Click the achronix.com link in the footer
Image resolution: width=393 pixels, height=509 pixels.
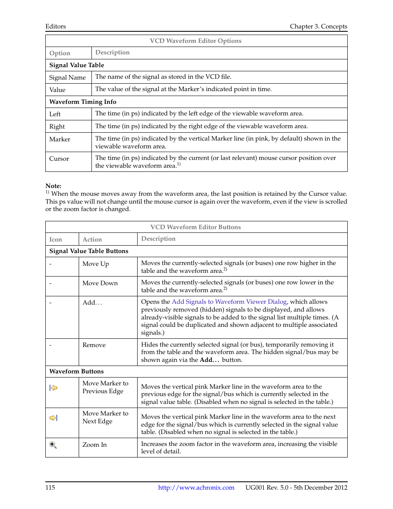[x=196, y=488]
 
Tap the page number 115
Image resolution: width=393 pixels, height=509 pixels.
[x=50, y=488]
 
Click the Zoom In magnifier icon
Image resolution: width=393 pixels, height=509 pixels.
[x=53, y=445]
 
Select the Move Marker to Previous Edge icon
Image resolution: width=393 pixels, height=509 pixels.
[x=54, y=388]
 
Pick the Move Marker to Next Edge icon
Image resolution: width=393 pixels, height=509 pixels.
[x=54, y=418]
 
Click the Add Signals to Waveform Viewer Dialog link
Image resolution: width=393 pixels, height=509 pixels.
[x=229, y=302]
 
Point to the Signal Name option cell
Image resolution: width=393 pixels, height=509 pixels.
[x=68, y=77]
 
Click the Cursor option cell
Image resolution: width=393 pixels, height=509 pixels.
[x=59, y=159]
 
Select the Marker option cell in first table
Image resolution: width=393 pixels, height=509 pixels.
[x=60, y=139]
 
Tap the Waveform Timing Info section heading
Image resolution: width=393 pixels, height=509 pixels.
[x=83, y=102]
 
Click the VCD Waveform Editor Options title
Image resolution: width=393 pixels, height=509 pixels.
[x=196, y=41]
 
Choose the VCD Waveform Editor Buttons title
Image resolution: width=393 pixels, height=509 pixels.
[x=196, y=227]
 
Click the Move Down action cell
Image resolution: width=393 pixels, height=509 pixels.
[x=100, y=283]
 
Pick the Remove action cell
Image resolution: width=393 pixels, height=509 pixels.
[x=94, y=345]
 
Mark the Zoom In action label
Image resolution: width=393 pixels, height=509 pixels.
[x=94, y=445]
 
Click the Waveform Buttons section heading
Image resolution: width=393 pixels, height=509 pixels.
[x=77, y=371]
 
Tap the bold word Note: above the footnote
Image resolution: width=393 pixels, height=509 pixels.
[x=53, y=186]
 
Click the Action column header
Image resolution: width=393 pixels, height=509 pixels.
[x=92, y=239]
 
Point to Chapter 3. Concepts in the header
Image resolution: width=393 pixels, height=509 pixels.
[x=318, y=26]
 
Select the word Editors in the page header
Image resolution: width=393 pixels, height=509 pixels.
[x=56, y=26]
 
